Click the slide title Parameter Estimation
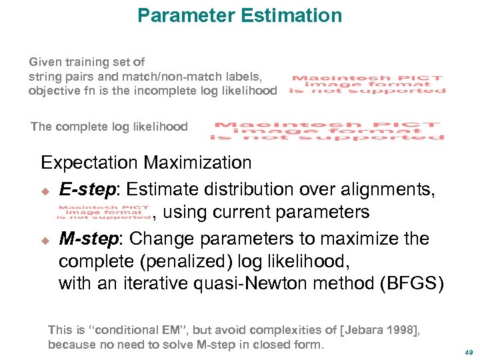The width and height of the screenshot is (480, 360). pyautogui.click(x=239, y=15)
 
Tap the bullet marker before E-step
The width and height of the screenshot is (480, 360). pyautogui.click(x=45, y=191)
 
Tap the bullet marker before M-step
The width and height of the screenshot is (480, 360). pyautogui.click(x=45, y=240)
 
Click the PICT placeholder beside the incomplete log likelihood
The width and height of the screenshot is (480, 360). pyautogui.click(x=367, y=85)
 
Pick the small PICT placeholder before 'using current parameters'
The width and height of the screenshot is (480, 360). pyautogui.click(x=103, y=213)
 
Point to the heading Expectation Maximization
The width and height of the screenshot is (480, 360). pyautogui.click(x=146, y=163)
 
